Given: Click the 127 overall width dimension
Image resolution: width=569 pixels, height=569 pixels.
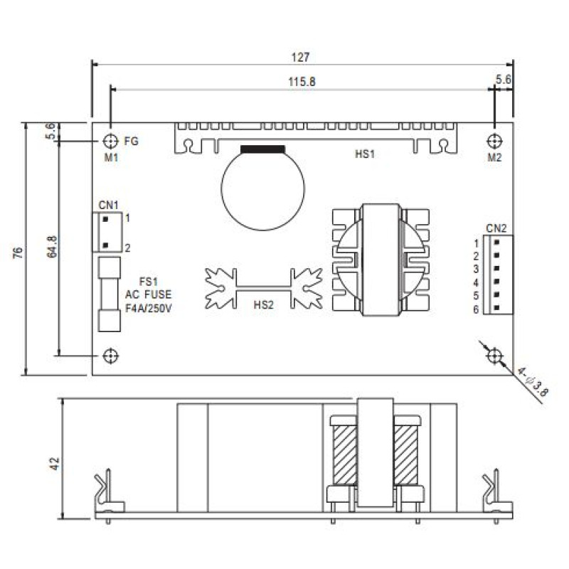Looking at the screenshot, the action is [x=300, y=58].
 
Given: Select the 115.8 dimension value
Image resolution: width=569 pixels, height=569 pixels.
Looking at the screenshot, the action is [x=302, y=82].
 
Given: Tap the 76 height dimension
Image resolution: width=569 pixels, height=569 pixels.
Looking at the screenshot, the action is [x=18, y=252].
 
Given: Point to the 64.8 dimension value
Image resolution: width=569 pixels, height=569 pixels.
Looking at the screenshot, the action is [x=52, y=247].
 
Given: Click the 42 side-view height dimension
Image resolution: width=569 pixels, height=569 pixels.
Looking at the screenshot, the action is [x=55, y=464].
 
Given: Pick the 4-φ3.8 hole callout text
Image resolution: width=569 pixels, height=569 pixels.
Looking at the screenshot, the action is [x=532, y=383].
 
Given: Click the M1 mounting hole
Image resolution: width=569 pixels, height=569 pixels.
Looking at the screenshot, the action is [x=111, y=141].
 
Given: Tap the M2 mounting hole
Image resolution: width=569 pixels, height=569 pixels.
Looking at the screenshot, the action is [x=494, y=141].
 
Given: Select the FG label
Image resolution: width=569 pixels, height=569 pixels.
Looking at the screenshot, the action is [x=132, y=141].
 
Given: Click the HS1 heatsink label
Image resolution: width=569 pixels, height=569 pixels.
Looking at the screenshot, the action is [x=364, y=154].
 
